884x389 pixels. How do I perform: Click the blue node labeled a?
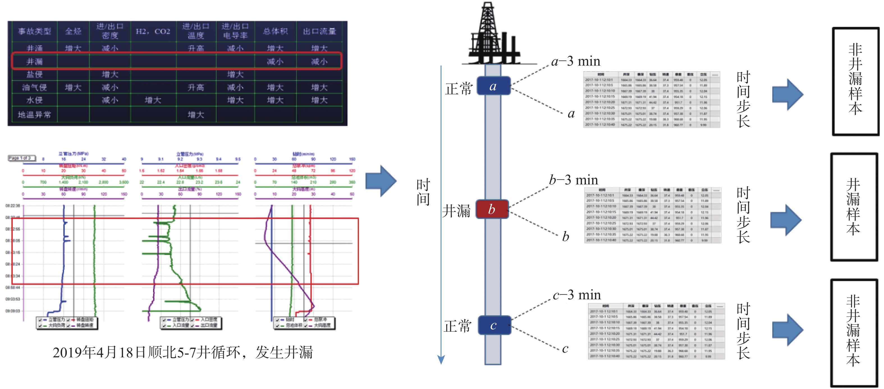pos(493,86)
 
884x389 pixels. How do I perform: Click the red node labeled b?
pos(492,209)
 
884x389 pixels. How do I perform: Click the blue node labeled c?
pos(493,325)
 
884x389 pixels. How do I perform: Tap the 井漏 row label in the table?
pos(35,61)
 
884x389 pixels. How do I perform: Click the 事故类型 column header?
pos(35,31)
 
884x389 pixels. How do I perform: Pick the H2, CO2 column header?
pos(153,31)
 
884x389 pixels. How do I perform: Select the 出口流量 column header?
pos(319,31)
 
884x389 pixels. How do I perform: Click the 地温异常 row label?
pos(35,114)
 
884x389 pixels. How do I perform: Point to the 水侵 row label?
pos(35,100)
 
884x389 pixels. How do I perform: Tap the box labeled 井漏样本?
pos(853,207)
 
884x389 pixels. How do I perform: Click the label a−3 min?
pos(576,61)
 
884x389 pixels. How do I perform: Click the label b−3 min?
pos(573,180)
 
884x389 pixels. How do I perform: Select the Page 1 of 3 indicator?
pos(21,158)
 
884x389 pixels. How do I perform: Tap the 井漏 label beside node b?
pos(456,210)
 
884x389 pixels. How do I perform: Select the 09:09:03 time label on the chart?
pos(13,311)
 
